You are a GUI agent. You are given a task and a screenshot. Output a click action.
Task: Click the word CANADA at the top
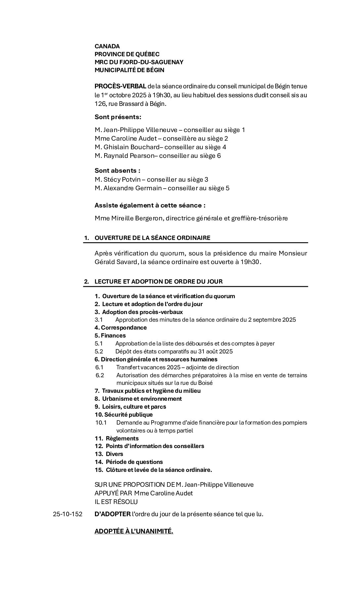(x=107, y=46)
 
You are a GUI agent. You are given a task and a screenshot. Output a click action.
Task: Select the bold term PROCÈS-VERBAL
(x=120, y=86)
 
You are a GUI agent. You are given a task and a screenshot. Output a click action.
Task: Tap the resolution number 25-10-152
(x=67, y=514)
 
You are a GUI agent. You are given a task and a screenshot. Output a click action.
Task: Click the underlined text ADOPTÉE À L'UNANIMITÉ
(x=134, y=531)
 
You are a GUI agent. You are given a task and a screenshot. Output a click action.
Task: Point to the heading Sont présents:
(x=118, y=117)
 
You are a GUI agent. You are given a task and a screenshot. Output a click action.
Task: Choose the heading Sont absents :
(x=117, y=171)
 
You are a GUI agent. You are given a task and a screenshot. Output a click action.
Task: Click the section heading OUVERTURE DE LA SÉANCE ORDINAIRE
(x=152, y=238)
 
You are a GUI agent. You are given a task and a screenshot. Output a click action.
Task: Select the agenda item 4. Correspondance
(x=120, y=328)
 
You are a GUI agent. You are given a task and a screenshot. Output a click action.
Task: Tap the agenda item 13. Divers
(x=109, y=454)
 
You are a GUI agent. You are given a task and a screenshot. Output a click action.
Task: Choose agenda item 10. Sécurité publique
(x=124, y=415)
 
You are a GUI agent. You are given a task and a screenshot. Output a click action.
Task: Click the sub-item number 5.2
(x=99, y=351)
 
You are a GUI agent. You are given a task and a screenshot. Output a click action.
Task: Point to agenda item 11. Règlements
(x=116, y=438)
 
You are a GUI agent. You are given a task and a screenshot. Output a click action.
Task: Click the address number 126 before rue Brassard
(x=100, y=104)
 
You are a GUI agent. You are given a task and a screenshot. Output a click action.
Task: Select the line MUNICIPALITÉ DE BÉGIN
(x=129, y=70)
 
